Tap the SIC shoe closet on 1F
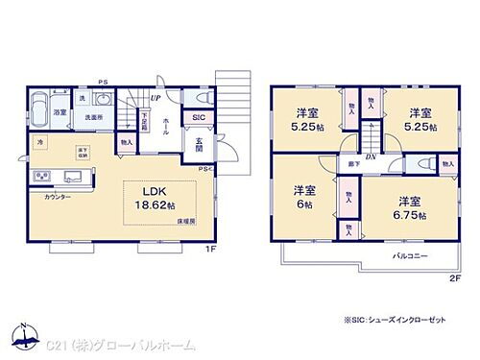click(x=199, y=118)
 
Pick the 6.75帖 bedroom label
click(x=407, y=208)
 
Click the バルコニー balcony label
click(x=410, y=255)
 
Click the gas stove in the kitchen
click(x=42, y=176)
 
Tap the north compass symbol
click(x=19, y=336)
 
